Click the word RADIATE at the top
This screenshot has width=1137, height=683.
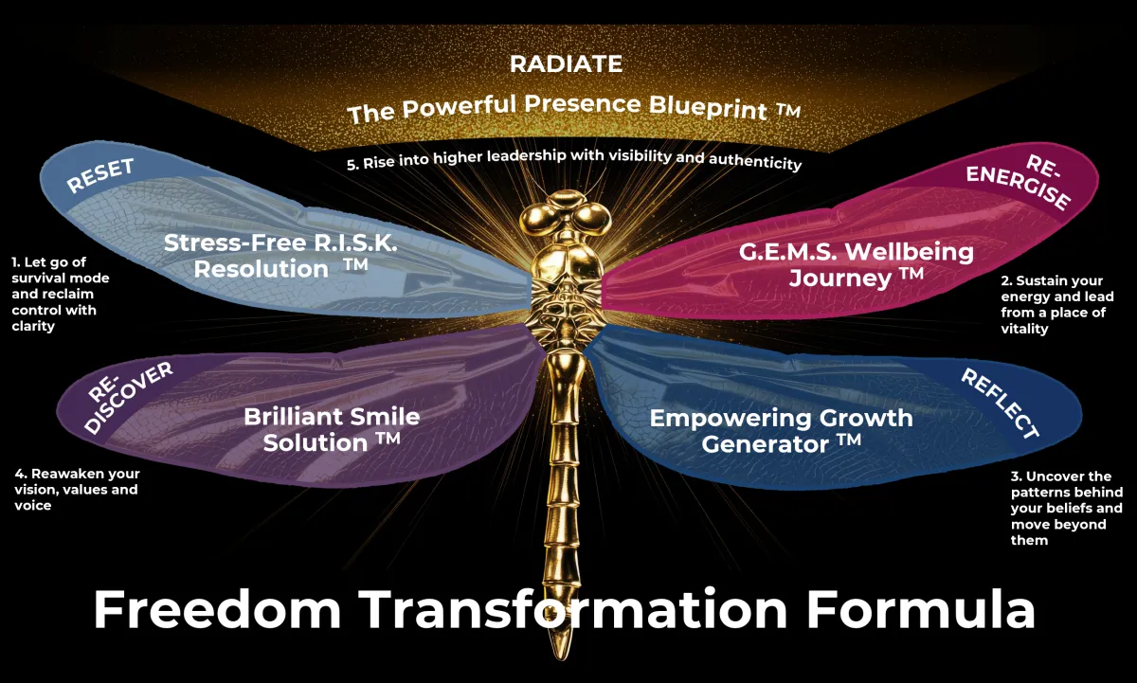click(x=566, y=63)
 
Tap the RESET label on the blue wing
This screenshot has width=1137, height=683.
click(x=100, y=175)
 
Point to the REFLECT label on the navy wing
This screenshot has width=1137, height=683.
click(x=1000, y=404)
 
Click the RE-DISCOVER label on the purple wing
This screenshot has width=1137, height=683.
click(x=129, y=397)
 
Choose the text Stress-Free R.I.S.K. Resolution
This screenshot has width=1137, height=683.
click(x=280, y=256)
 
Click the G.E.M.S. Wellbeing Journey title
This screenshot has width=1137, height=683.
click(x=857, y=265)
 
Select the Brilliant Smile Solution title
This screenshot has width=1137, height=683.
click(x=332, y=429)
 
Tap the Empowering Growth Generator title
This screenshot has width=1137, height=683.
click(x=781, y=431)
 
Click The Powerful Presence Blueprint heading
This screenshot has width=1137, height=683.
click(x=573, y=109)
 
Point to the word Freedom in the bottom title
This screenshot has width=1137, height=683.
click(x=217, y=609)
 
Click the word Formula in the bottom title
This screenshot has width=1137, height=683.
click(x=920, y=609)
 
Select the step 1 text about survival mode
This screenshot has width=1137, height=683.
click(x=61, y=294)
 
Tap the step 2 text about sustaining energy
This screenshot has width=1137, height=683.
click(x=1057, y=304)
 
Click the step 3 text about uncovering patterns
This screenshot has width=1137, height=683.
click(x=1067, y=508)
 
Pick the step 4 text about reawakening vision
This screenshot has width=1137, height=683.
click(x=77, y=489)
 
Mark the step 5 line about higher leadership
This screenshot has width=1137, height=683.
click(x=574, y=159)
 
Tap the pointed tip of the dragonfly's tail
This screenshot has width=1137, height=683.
click(x=562, y=658)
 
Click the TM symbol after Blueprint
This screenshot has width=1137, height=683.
click(x=787, y=110)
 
